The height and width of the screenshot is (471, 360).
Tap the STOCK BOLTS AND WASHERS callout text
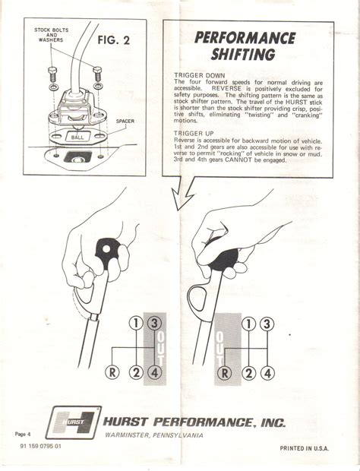(x=52, y=36)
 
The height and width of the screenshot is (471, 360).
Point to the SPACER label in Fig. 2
(x=125, y=121)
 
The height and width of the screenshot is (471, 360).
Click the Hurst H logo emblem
(x=72, y=420)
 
